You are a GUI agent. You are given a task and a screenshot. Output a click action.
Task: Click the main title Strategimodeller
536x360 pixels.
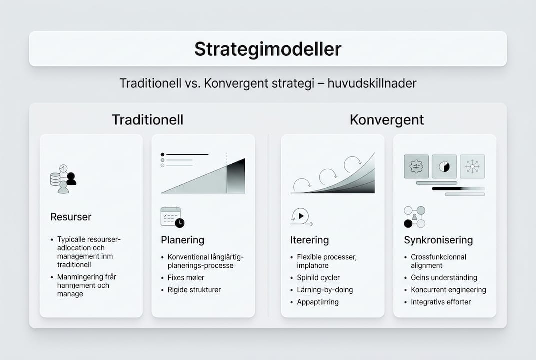268,49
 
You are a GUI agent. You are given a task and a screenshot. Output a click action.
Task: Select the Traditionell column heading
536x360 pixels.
148,120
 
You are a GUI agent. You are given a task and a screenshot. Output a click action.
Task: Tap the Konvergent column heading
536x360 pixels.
387,120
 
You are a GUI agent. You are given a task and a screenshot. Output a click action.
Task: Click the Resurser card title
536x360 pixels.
71,217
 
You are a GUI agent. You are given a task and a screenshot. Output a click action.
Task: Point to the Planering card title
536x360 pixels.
182,240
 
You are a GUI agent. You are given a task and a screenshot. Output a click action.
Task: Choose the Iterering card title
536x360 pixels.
309,240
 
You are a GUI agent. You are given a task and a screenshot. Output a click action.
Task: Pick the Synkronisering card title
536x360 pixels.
438,240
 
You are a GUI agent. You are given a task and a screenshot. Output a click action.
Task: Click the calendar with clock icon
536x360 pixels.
172,217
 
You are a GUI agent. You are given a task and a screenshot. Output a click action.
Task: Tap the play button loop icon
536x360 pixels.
301,217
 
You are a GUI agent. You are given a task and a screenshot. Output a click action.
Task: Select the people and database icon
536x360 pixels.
63,179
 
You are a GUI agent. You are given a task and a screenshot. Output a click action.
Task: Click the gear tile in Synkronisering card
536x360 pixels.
416,166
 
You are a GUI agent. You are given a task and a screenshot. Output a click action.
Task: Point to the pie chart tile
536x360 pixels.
444,166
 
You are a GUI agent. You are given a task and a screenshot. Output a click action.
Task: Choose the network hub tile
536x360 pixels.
472,166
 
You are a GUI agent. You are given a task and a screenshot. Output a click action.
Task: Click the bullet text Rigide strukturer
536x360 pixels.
194,290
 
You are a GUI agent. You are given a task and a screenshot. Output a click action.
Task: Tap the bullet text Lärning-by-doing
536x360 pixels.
325,290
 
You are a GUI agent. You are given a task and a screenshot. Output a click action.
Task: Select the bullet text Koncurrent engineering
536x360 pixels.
448,290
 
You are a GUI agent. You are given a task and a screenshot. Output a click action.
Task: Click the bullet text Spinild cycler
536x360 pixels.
318,278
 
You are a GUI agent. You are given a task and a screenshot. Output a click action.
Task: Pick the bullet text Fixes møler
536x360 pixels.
186,278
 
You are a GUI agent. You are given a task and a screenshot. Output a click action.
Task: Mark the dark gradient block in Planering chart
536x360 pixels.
236,176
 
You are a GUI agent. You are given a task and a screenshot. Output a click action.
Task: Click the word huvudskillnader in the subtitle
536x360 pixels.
372,83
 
